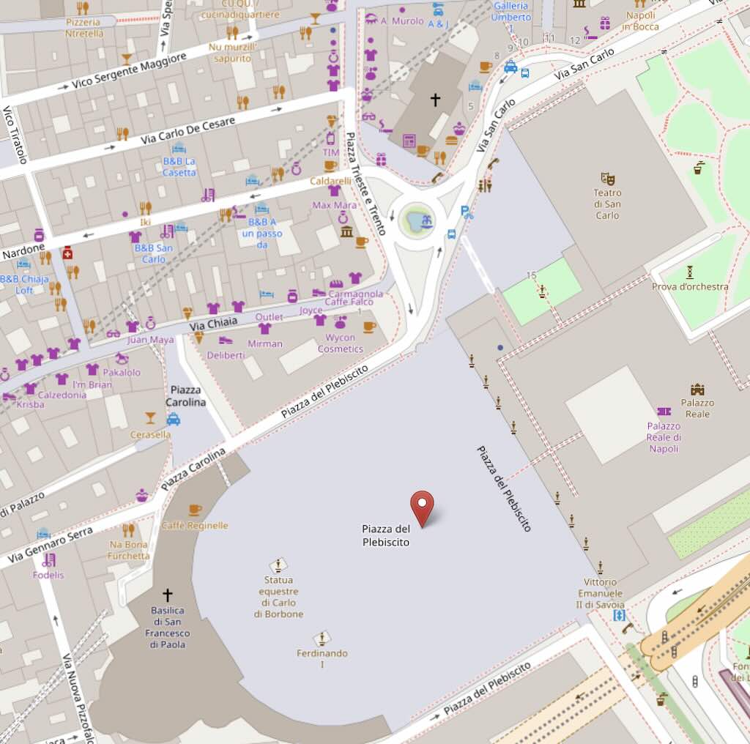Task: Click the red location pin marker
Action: point(422,507)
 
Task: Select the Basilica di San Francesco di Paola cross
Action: point(167,595)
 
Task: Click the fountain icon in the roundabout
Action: point(418,220)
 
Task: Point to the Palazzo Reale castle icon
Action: point(697,390)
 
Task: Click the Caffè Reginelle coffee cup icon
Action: point(195,510)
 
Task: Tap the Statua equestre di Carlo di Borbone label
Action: point(278,597)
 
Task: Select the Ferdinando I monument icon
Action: point(322,638)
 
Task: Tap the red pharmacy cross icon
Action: point(67,253)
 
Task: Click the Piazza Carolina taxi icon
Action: point(173,419)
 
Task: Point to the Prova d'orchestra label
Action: point(690,286)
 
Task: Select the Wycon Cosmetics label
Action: point(341,343)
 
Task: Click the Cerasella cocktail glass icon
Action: point(150,417)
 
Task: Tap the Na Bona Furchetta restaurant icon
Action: point(129,529)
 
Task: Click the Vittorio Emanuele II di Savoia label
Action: point(601,593)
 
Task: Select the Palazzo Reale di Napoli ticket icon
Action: point(664,412)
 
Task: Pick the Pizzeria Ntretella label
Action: point(83,27)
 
